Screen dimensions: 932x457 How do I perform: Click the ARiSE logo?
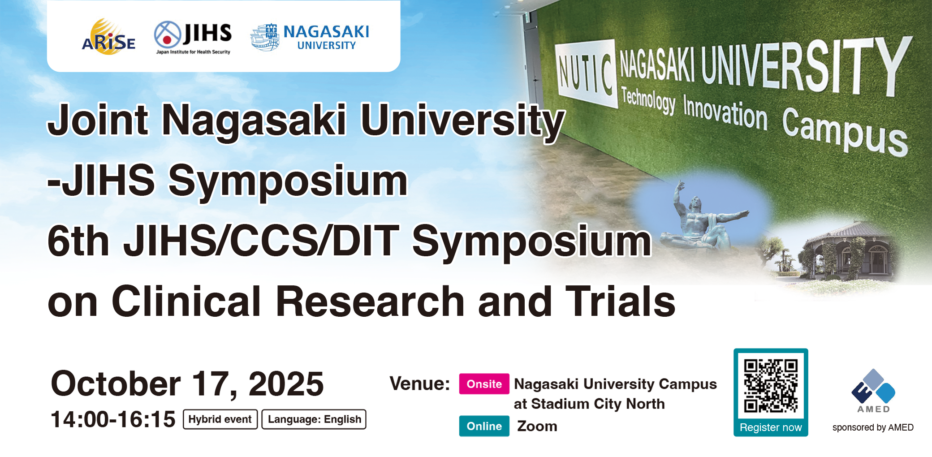coord(108,37)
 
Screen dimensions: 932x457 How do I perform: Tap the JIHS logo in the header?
coord(193,38)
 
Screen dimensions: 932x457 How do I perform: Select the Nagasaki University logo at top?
coord(310,37)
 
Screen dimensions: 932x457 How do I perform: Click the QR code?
coord(771,386)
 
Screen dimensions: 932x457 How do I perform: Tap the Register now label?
coord(771,427)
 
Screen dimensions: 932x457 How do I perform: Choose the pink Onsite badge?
coord(484,384)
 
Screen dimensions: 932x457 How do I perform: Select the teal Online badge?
coord(484,426)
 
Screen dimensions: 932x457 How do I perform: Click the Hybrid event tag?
coord(220,419)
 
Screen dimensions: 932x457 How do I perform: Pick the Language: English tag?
coord(314,419)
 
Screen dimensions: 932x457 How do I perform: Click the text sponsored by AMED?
coord(873,427)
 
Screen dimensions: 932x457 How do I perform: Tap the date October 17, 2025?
coord(187,384)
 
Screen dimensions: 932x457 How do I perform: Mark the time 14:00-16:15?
coord(113,419)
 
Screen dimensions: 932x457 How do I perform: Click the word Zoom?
coord(537,426)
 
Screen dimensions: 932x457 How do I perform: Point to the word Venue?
coord(420,384)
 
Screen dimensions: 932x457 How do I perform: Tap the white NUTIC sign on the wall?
coord(586,73)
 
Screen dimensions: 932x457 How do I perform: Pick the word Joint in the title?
coord(98,120)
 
